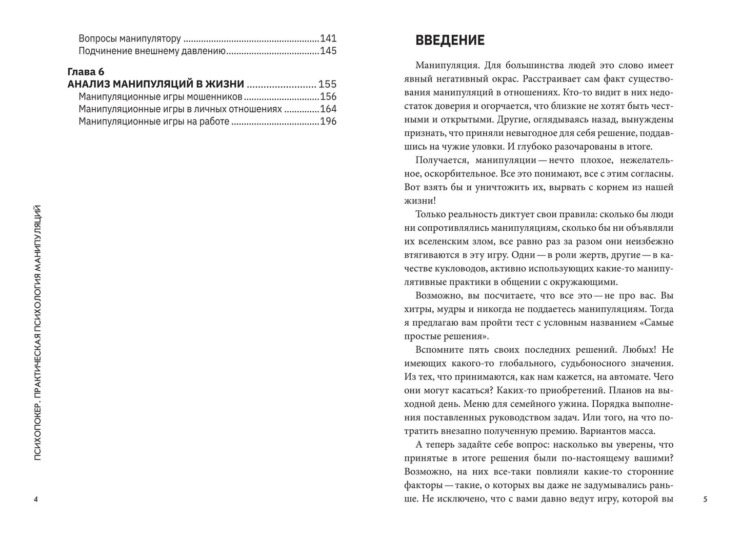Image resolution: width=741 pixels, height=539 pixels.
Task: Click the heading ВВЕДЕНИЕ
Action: pos(450,41)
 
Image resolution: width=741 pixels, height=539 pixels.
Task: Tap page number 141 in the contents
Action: pos(328,38)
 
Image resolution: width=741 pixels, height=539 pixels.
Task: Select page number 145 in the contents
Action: pos(328,51)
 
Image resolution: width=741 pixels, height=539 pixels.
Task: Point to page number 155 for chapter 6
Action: pos(328,85)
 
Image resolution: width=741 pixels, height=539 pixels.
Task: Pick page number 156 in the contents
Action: pos(328,97)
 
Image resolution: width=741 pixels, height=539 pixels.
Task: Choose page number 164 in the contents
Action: pos(328,109)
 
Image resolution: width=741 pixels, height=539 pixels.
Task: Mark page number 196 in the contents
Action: pos(328,122)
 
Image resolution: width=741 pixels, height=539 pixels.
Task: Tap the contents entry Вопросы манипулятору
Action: pos(130,38)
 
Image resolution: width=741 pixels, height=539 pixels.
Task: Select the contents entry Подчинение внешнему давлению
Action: pos(152,51)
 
